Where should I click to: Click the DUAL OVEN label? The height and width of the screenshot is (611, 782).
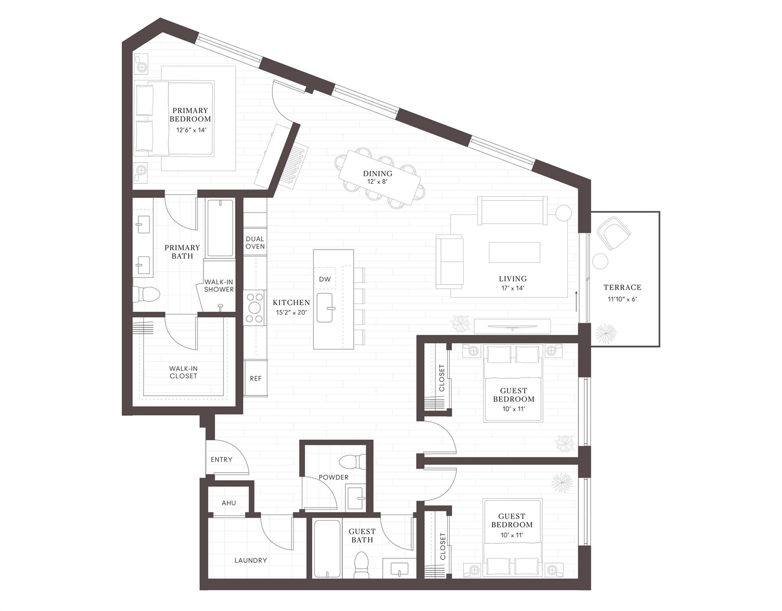(255, 243)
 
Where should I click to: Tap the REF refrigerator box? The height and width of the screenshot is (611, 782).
(255, 378)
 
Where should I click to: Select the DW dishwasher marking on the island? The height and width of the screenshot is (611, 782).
(325, 279)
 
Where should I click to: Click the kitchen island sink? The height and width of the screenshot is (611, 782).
(325, 308)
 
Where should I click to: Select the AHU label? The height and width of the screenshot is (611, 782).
(229, 503)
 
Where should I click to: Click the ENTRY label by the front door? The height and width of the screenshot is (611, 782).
(222, 459)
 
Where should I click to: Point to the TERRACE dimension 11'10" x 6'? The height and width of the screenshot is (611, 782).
(622, 299)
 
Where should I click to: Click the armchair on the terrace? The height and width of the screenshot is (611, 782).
(613, 233)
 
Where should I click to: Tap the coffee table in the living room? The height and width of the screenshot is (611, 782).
(514, 253)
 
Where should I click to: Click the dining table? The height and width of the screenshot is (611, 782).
(379, 177)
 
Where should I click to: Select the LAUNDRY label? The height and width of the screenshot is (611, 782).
(251, 560)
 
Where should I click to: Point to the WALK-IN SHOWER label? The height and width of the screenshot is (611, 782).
(219, 286)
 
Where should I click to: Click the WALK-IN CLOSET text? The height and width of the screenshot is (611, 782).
(183, 372)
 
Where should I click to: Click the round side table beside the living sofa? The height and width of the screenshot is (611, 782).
(563, 213)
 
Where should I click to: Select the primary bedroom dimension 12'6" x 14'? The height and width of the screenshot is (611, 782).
(191, 130)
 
